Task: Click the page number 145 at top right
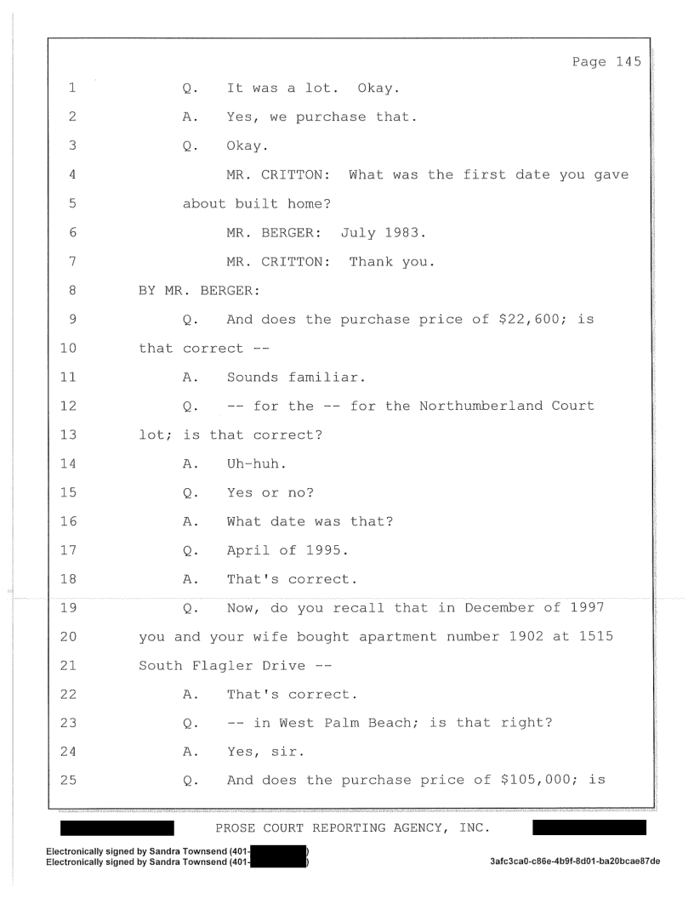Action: pyautogui.click(x=629, y=62)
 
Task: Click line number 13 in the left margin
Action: pyautogui.click(x=68, y=435)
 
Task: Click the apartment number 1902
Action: pyautogui.click(x=526, y=636)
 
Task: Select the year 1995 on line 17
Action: pyautogui.click(x=327, y=550)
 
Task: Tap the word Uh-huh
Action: pyautogui.click(x=257, y=463)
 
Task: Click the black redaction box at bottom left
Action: pyautogui.click(x=117, y=827)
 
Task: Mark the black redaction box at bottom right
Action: pyautogui.click(x=589, y=827)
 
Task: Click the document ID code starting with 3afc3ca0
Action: pyautogui.click(x=575, y=861)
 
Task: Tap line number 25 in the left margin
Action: pyautogui.click(x=68, y=780)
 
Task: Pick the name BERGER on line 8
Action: pyautogui.click(x=230, y=290)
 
